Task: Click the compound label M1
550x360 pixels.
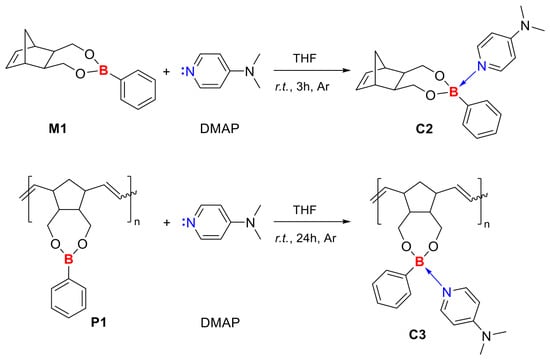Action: click(58, 129)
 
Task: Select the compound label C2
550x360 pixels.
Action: click(424, 129)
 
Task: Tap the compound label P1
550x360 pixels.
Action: click(99, 322)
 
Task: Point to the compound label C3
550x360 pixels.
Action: click(417, 334)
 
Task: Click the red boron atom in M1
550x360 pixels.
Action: click(103, 71)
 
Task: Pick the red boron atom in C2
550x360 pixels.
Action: click(454, 92)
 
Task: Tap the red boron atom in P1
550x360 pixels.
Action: click(69, 260)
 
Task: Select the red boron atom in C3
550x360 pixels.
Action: click(419, 262)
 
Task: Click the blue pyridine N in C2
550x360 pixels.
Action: click(482, 66)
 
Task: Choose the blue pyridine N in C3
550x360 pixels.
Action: click(447, 292)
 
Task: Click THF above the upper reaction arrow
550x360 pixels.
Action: click(305, 58)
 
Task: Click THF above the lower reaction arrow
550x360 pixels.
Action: click(305, 210)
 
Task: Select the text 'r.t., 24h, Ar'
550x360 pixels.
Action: click(305, 238)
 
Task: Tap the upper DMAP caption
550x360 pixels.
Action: click(220, 129)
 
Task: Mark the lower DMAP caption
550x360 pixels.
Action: click(220, 322)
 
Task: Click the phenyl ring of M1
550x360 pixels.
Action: click(138, 89)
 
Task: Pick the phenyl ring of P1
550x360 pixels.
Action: click(68, 299)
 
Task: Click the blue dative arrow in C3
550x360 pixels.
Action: click(434, 277)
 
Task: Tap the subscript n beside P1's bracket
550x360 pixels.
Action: click(137, 222)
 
